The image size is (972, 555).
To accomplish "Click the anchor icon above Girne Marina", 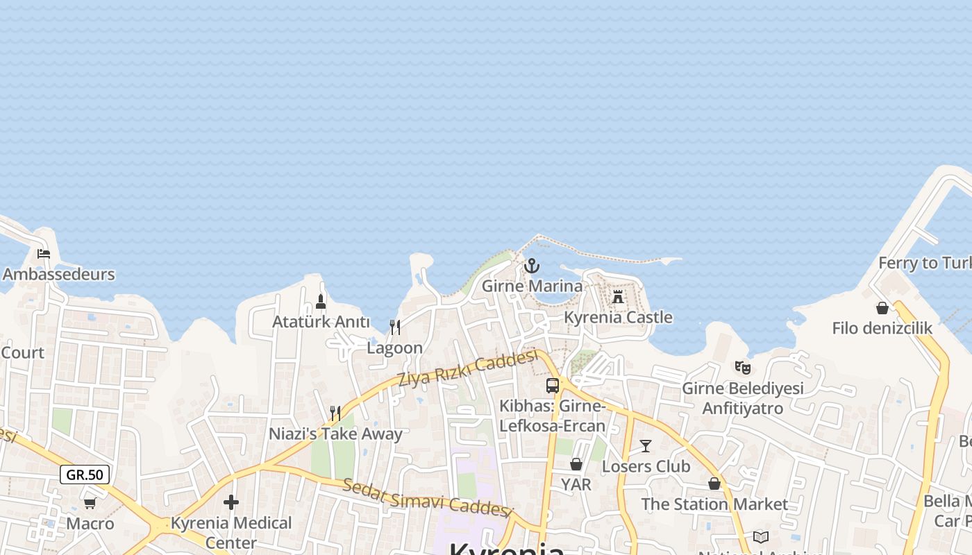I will click(531, 266).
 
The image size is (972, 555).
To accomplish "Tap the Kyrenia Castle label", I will click(618, 318).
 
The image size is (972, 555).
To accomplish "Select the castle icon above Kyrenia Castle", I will click(618, 297).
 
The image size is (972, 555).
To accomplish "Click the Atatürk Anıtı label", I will click(321, 322).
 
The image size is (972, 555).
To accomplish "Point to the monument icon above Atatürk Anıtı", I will click(321, 302).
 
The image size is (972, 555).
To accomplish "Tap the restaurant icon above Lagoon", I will click(394, 327).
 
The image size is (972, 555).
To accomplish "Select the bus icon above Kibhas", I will click(553, 386).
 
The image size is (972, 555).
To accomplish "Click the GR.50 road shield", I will click(85, 475).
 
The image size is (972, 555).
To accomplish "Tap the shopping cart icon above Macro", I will click(90, 503).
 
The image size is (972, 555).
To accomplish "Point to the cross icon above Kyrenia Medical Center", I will click(231, 502).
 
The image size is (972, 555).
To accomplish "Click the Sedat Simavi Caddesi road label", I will click(427, 497).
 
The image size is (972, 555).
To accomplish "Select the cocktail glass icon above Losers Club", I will click(646, 446).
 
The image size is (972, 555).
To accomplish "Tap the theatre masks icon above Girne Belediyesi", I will click(742, 368).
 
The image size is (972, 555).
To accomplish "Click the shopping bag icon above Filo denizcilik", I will click(882, 307).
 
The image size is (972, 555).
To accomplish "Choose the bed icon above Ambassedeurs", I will click(44, 254).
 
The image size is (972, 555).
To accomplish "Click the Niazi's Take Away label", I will click(335, 434).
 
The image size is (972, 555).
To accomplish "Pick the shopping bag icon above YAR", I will click(576, 464).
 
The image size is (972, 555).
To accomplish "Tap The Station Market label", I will click(714, 504).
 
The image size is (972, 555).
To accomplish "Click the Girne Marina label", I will click(532, 286).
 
